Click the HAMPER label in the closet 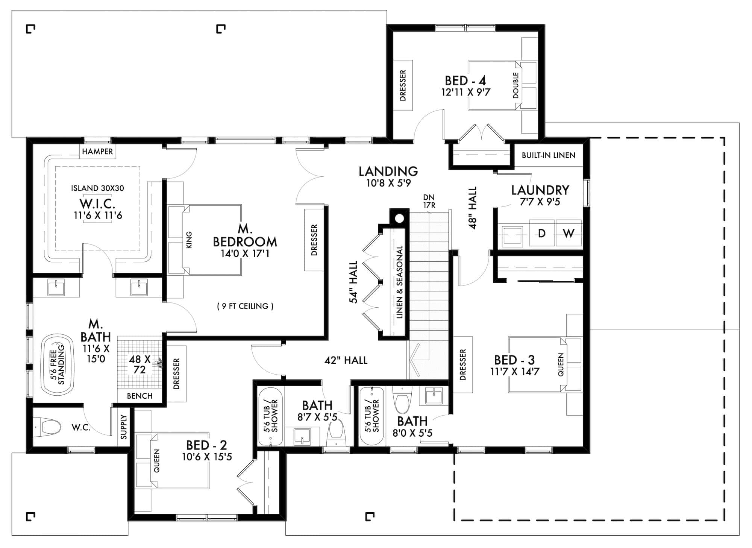97,152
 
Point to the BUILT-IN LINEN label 549,155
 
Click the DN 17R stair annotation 429,201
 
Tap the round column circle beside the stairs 400,218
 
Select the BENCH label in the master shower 139,396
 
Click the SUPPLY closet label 124,427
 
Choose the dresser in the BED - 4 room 403,85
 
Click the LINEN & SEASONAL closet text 399,282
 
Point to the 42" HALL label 346,360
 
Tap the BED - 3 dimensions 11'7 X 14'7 514,372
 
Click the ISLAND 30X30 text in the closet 97,188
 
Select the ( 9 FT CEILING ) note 245,306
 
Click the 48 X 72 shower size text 139,364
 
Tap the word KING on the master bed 189,240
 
